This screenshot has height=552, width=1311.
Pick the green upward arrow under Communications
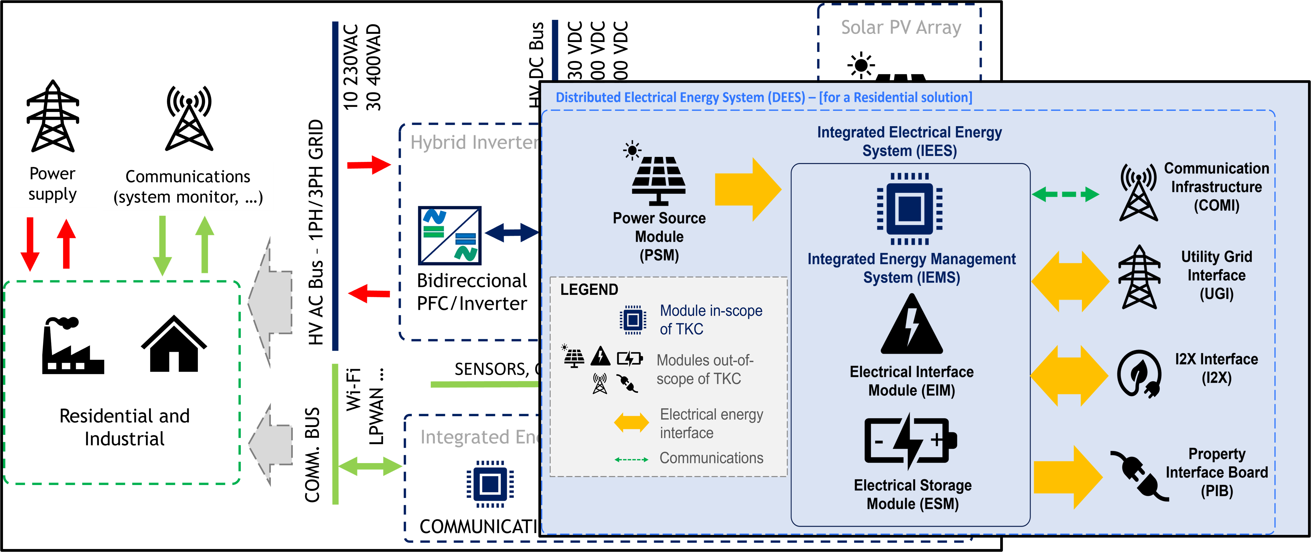(205, 244)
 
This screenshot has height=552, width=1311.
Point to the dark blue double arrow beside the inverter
(511, 233)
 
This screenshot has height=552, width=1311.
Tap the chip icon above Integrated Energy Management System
(909, 209)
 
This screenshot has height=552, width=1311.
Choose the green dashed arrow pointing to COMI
(1065, 194)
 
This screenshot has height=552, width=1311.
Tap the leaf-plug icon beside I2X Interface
(1139, 374)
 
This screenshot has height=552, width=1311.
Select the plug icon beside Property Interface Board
(1139, 476)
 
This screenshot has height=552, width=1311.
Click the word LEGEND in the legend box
(589, 289)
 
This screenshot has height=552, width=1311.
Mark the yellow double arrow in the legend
(631, 422)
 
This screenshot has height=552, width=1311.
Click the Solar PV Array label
(901, 27)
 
